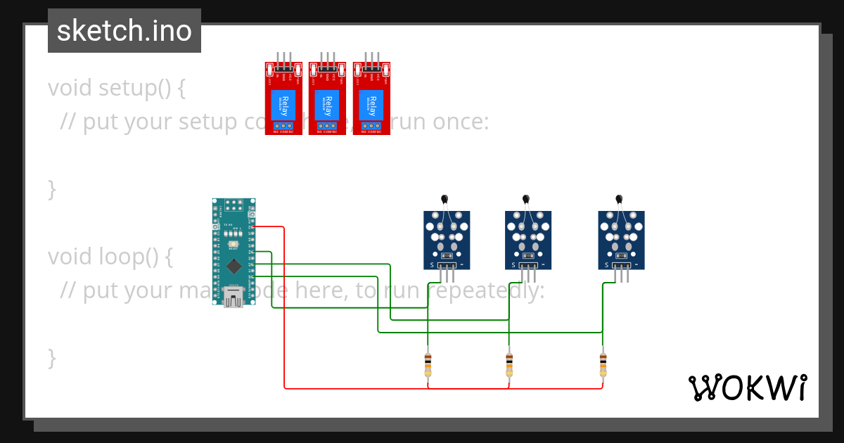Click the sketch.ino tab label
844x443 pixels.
pyautogui.click(x=124, y=31)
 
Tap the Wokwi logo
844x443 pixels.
pyautogui.click(x=747, y=387)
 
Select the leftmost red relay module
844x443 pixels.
pyautogui.click(x=283, y=98)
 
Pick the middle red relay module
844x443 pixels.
pyautogui.click(x=327, y=98)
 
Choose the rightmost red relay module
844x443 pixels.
pyautogui.click(x=371, y=98)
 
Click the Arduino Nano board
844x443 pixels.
pyautogui.click(x=234, y=252)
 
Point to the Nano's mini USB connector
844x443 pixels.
pyautogui.click(x=234, y=297)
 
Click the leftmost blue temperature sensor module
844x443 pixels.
pyautogui.click(x=447, y=240)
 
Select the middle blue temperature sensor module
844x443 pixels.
pyautogui.click(x=527, y=240)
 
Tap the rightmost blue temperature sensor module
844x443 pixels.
pyautogui.click(x=621, y=240)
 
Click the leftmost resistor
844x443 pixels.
pyautogui.click(x=428, y=365)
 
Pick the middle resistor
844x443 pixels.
pyautogui.click(x=509, y=365)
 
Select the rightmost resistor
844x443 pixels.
pyautogui.click(x=603, y=365)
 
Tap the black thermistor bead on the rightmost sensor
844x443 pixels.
pyautogui.click(x=619, y=200)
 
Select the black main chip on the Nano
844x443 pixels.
pyautogui.click(x=233, y=266)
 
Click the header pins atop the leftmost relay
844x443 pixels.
pyautogui.click(x=283, y=58)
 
